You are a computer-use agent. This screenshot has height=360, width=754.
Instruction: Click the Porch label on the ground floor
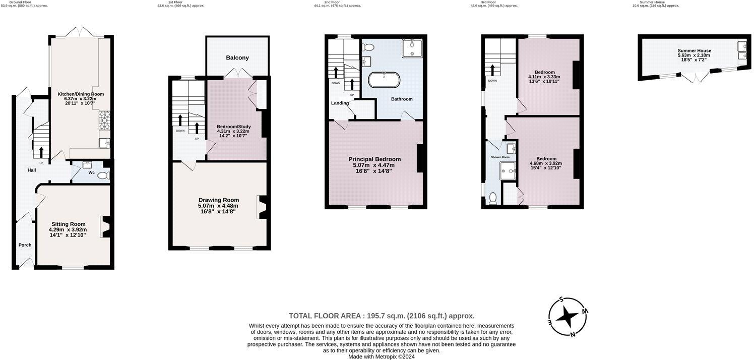[x=25, y=245]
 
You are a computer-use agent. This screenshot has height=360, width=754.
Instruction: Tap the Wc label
[x=91, y=173]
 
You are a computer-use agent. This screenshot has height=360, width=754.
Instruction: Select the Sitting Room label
[x=68, y=224]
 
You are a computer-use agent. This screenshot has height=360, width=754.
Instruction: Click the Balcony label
[x=237, y=58]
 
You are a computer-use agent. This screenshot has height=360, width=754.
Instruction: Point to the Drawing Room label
[x=218, y=200]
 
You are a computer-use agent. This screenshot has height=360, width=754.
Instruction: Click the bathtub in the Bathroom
[x=385, y=80]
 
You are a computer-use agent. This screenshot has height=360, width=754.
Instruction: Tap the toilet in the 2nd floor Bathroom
[x=368, y=47]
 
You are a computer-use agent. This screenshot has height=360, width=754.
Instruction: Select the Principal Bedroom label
[x=374, y=159]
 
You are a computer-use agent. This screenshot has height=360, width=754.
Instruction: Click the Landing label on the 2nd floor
[x=340, y=103]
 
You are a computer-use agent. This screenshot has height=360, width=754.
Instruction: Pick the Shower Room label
[x=500, y=157]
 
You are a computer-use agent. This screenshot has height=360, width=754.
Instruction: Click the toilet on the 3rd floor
[x=493, y=199]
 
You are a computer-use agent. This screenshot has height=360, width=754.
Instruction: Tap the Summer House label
[x=694, y=51]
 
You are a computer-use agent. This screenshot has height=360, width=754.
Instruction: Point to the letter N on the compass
[x=573, y=334]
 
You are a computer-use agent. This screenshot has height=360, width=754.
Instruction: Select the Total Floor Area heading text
[x=382, y=316]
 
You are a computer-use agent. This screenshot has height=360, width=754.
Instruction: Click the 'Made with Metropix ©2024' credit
[x=382, y=356]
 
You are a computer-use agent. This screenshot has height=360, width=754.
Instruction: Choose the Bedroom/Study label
[x=233, y=127]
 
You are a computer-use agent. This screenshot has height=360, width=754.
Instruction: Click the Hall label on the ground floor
[x=32, y=170]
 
